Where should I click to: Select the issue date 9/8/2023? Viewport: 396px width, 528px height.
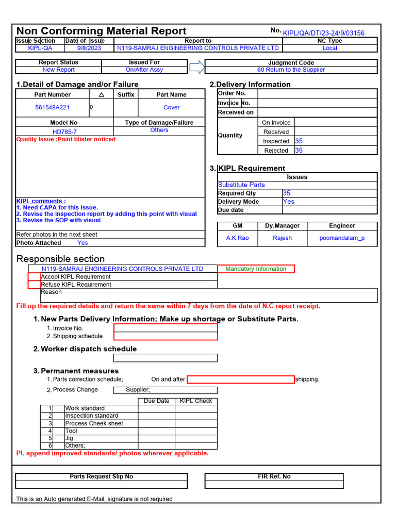[89, 48]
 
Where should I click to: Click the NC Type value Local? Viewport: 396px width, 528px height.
[329, 48]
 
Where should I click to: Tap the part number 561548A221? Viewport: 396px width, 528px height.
[52, 107]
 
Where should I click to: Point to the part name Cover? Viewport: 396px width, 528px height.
[171, 107]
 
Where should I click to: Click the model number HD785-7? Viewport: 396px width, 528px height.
[64, 131]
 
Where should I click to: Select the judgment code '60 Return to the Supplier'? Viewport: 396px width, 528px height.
[291, 70]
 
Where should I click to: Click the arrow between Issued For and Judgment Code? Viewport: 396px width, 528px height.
[197, 67]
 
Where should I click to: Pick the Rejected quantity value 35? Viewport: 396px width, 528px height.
[299, 151]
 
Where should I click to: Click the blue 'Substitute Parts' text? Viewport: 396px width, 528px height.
[241, 185]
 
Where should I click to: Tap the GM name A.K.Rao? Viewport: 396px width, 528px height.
[237, 238]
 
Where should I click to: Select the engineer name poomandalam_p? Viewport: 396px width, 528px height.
[342, 238]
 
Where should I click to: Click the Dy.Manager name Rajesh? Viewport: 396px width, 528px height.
[282, 238]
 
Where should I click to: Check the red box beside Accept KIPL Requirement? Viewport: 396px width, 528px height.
[34, 277]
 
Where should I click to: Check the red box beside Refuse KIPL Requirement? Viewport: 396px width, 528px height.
[34, 285]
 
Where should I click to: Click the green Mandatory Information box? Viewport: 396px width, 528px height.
[256, 269]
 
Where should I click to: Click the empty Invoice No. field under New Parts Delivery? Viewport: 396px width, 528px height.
[166, 328]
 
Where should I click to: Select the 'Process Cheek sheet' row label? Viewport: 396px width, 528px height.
[94, 423]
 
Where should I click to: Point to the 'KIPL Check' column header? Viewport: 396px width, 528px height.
[196, 401]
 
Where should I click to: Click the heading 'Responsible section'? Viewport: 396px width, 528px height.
[60, 259]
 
